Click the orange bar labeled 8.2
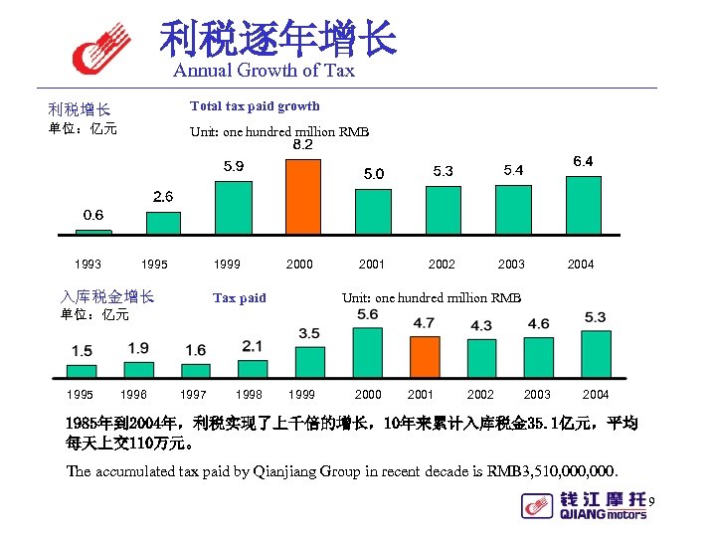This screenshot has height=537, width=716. point(302,194)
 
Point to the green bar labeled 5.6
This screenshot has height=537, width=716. point(367,352)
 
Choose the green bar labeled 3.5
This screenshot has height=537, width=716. point(310,362)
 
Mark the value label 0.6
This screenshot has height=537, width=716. point(93,215)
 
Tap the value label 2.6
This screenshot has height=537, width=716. point(163,197)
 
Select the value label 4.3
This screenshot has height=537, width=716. point(481,326)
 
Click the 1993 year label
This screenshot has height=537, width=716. point(88,265)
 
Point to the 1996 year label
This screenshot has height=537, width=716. point(135,395)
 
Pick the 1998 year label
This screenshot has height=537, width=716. point(249,395)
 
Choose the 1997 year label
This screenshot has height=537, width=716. point(193,395)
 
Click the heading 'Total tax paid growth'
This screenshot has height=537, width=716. point(255,106)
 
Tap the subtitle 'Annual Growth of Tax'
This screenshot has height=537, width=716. point(264,71)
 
